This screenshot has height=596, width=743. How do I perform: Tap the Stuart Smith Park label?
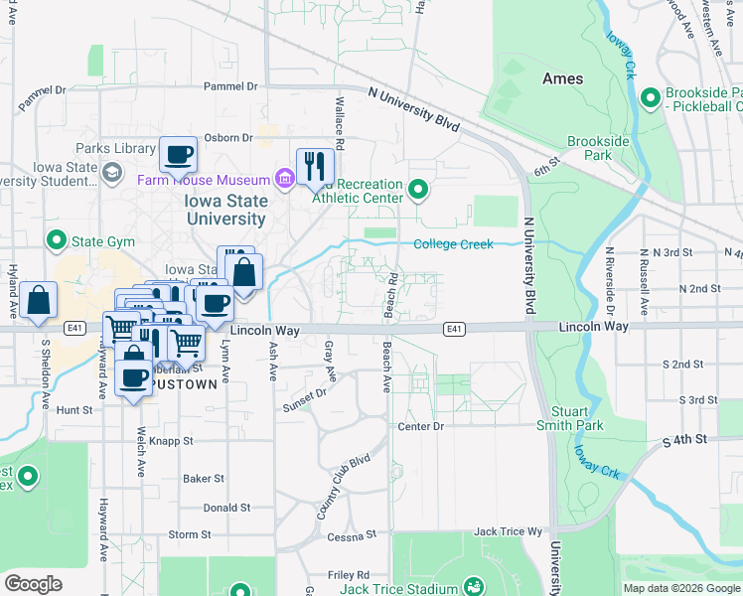[576, 418]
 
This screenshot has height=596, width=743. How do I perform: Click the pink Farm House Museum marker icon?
[285, 180]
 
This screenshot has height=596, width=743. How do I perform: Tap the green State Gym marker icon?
[56, 240]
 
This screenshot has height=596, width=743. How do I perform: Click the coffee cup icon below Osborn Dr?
[178, 155]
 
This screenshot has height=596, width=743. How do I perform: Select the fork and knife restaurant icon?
[315, 164]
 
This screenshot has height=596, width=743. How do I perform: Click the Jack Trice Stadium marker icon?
[474, 587]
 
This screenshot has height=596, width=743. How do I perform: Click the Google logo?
[34, 583]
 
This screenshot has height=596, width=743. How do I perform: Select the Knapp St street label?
[173, 440]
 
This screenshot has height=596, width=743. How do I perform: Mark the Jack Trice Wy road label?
[509, 532]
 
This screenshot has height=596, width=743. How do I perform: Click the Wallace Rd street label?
[340, 123]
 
